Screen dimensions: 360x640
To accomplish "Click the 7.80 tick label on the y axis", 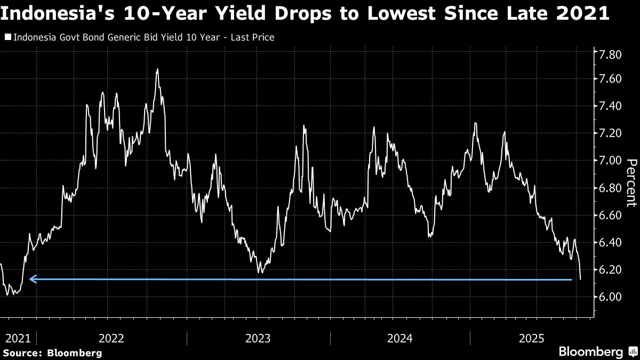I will pos(611,55).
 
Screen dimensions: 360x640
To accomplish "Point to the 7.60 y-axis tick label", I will pos(611,79).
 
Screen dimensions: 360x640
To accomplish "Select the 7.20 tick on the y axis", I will pos(611,133).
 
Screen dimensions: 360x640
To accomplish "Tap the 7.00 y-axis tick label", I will pos(611,161).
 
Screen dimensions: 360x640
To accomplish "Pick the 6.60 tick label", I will pos(611,215).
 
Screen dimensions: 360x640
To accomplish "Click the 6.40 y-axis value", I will pos(611,242).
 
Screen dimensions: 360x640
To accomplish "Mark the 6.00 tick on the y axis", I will pos(611,297).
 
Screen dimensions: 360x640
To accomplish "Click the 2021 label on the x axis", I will pos(18,338).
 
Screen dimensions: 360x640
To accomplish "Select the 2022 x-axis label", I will pos(111,338).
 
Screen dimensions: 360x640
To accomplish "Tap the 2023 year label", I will pos(258,338).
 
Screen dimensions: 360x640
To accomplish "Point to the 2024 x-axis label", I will pos(400,338).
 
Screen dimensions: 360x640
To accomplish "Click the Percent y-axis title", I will pos(631,182).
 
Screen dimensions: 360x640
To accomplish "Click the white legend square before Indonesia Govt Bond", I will pos(8,38).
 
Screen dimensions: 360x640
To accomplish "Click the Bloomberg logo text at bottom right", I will pos(590,351).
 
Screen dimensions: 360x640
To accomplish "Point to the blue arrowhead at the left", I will pos(33,278).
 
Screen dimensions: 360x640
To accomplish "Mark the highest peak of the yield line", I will pos(157,69).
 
